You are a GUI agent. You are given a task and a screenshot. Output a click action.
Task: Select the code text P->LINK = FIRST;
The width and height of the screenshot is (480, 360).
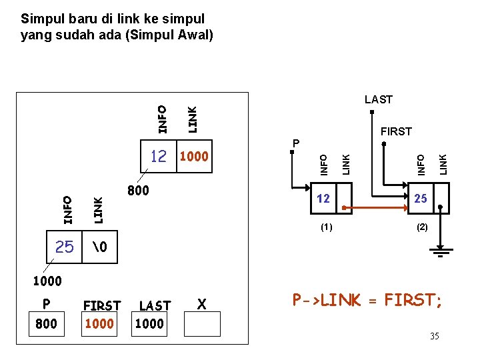click(367, 300)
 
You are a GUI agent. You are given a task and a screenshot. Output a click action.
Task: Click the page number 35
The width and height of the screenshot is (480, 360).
click(434, 336)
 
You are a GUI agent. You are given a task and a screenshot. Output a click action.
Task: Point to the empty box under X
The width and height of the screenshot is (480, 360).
click(201, 323)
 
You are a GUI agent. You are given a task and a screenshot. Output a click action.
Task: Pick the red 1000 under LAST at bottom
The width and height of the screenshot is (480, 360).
click(150, 323)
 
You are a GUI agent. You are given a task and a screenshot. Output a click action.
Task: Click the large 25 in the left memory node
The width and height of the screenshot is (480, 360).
click(65, 247)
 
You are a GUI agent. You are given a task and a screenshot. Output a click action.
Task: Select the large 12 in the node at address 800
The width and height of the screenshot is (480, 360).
click(158, 157)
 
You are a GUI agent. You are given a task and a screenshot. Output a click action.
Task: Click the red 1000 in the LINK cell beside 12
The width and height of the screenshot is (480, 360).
click(194, 157)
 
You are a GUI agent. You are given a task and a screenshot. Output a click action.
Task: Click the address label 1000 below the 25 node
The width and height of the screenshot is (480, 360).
click(47, 281)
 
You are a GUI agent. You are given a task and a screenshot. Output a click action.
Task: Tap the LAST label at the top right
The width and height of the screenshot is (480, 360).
click(379, 99)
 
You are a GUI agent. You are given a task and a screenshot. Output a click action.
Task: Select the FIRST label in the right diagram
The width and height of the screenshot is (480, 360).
click(396, 131)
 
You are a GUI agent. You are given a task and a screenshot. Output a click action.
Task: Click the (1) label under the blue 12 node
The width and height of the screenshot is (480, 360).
click(325, 227)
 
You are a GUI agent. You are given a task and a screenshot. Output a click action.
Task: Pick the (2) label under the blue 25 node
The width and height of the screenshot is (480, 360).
click(422, 227)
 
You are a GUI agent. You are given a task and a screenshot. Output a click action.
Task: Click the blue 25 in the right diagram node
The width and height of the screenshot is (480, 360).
click(421, 199)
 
